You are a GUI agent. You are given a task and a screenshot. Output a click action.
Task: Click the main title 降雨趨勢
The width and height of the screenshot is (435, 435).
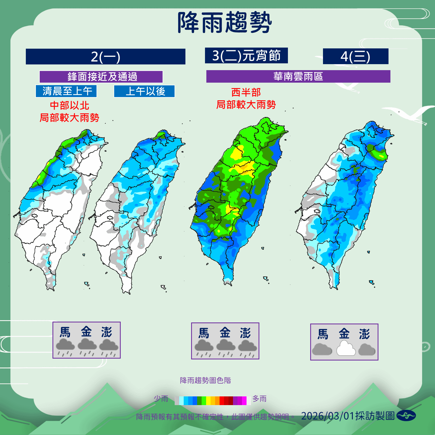coord(225,23)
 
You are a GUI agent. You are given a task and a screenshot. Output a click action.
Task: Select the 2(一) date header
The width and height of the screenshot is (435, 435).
coord(105,57)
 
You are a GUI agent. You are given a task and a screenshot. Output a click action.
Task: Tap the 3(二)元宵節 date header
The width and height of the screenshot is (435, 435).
coord(246,55)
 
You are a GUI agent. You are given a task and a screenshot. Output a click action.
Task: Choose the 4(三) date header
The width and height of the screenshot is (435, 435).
coord(355,57)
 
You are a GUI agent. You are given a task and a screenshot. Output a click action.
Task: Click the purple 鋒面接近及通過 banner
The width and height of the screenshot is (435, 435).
coord(101,77)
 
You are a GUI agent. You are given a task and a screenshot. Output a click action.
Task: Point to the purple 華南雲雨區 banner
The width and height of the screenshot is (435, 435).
coord(298,76)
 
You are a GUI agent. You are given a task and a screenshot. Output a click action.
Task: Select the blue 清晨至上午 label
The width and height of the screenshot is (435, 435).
coord(66,91)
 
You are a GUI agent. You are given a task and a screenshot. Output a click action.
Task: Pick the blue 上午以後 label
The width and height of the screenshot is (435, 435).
coord(144,91)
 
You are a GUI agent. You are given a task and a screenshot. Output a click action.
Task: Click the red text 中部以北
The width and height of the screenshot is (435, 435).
coord(69,105)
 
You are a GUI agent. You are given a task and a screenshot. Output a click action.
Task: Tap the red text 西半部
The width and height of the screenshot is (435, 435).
coord(246,92)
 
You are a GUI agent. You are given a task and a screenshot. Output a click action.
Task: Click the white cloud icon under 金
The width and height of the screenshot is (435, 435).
coord(346,349)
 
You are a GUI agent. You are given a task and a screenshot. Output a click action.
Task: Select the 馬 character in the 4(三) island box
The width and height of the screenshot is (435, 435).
coord(323,334)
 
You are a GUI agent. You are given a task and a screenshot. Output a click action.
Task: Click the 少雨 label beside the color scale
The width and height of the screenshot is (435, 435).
coord(161,399)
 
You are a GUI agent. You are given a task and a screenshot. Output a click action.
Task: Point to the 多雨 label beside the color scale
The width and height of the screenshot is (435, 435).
coord(259,399)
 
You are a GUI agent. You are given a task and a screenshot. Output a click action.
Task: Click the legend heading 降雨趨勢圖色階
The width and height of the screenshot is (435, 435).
coord(205,380)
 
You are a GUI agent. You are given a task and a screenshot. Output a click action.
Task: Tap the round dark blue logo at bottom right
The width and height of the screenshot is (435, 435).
coord(406,415)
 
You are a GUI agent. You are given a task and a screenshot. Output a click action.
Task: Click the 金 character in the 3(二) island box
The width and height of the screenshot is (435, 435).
coord(225,333)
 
